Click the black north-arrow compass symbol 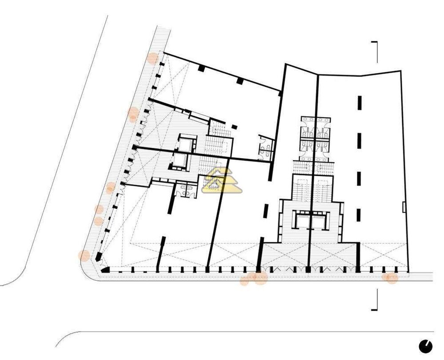425,345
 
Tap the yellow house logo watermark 222,181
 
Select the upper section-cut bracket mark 376,51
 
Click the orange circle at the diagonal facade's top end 152,58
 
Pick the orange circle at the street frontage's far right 391,278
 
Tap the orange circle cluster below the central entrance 255,278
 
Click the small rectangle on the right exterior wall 404,206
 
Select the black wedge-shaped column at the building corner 105,269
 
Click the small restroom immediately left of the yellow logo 183,190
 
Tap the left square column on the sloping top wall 201,68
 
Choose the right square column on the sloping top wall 240,81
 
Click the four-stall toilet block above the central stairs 315,138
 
